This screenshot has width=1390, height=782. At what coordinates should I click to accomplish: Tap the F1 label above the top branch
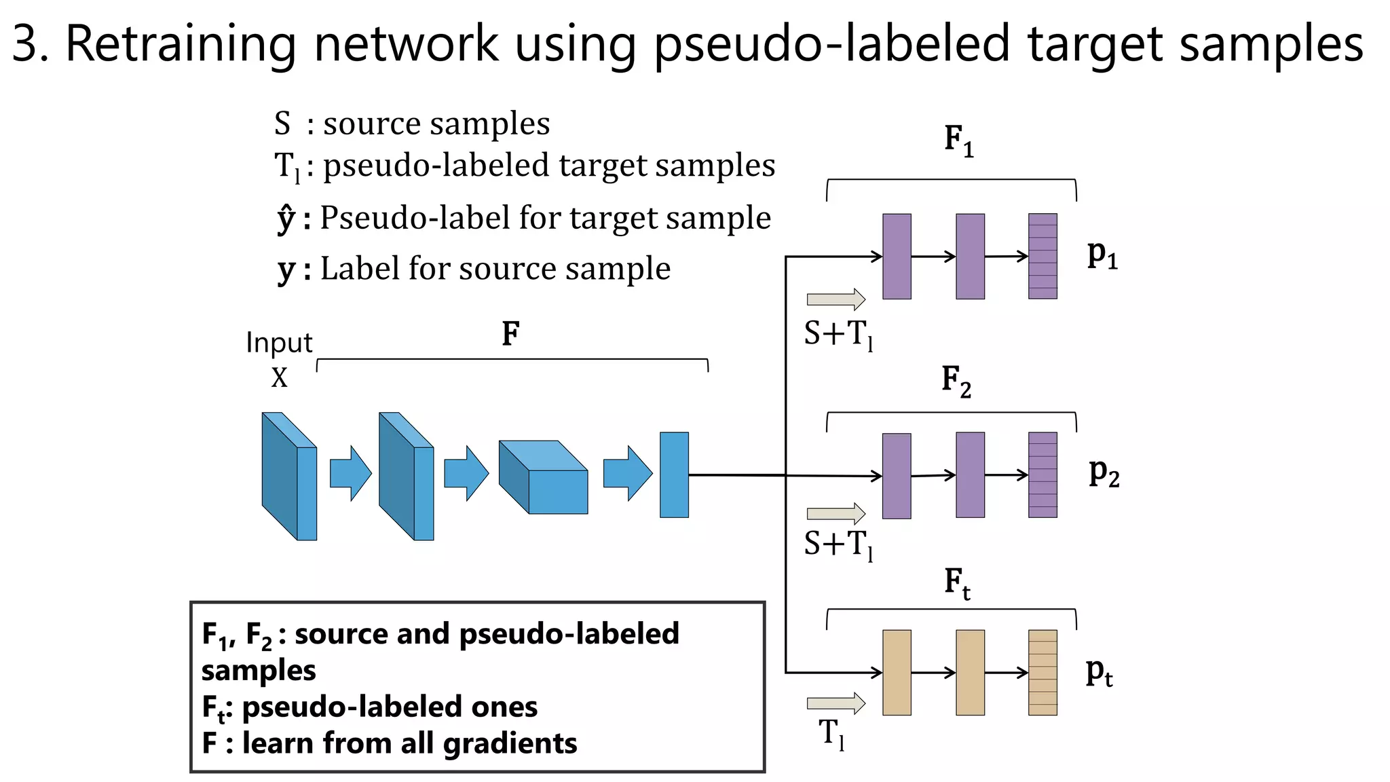coord(958,141)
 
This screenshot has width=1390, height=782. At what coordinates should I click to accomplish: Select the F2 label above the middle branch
coord(956,381)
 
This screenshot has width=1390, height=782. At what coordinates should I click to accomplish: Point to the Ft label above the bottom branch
coord(957,583)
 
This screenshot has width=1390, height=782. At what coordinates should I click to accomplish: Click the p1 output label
coord(1102,255)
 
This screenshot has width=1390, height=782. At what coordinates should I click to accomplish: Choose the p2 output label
coord(1104,472)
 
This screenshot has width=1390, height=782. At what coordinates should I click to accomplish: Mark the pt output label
coord(1099,672)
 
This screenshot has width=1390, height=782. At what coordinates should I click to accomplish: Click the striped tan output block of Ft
coord(1042,672)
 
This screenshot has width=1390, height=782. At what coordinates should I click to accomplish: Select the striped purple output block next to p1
coord(1042,256)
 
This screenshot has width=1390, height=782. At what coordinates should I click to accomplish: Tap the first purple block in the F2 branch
coord(897,476)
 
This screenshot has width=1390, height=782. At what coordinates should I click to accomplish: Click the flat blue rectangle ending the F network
coord(674,474)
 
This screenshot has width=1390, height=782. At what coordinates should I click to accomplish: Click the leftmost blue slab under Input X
coord(289,477)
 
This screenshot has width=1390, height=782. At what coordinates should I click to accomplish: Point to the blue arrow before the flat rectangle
coord(627,473)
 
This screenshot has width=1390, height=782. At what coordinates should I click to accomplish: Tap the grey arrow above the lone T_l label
coord(835,703)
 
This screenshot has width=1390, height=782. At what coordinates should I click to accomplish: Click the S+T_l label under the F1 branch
coord(838,335)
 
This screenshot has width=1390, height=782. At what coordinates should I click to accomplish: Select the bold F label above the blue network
coord(510,334)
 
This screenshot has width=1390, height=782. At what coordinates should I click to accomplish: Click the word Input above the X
coord(279,343)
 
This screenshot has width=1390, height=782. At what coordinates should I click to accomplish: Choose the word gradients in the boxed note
coord(510,743)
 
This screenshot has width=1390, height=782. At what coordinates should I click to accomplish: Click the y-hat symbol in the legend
coord(286,218)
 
